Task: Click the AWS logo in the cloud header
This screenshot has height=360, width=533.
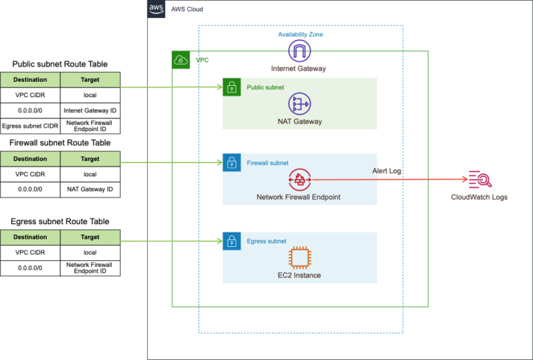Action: (x=156, y=9)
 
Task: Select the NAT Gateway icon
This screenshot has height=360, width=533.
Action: (x=300, y=103)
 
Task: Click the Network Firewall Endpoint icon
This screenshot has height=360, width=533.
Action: (x=300, y=180)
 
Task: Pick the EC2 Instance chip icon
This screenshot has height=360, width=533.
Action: (x=300, y=257)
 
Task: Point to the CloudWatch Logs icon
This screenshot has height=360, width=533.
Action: (x=479, y=180)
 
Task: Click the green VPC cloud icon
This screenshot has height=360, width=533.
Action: (x=180, y=60)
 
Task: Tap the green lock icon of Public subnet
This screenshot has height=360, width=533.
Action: (x=231, y=87)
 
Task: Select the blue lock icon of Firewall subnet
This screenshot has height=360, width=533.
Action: (x=231, y=163)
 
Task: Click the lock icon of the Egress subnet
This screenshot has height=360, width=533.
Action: (x=231, y=241)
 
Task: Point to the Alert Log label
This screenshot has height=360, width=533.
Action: (x=387, y=171)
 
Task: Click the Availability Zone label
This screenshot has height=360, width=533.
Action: (x=300, y=34)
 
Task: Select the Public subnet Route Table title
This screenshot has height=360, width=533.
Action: (x=60, y=65)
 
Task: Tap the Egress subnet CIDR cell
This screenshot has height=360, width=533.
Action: (x=31, y=126)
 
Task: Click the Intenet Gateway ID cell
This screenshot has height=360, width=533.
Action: (x=90, y=110)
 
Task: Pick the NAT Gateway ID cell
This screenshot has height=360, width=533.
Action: (x=90, y=189)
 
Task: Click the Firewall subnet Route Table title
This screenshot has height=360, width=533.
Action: (x=60, y=143)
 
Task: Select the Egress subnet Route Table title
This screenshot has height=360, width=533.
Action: (x=60, y=221)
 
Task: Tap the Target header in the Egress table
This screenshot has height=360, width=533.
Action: (x=90, y=237)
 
